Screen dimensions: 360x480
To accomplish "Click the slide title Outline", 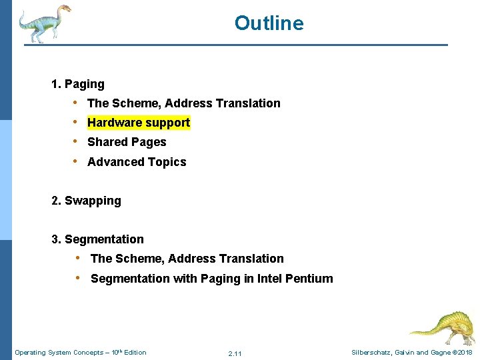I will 269,23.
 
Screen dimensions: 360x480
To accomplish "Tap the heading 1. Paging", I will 78,84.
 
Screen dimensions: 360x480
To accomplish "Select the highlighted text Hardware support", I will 139,123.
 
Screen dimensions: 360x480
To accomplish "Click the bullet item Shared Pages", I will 127,142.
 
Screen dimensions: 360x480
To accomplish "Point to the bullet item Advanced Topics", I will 137,162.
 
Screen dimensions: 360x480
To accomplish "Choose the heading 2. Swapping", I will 86,201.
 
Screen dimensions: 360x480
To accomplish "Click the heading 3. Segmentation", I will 97,239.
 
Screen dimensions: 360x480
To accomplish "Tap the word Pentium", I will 309,279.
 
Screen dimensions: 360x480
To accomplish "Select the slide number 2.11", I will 235,353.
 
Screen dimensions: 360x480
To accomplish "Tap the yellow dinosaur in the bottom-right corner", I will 442,327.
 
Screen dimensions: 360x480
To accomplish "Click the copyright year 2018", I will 465,353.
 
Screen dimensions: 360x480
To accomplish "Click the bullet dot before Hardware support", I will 77,123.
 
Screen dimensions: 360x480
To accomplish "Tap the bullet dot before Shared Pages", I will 77,142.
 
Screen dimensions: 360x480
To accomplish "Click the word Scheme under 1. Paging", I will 136,103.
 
